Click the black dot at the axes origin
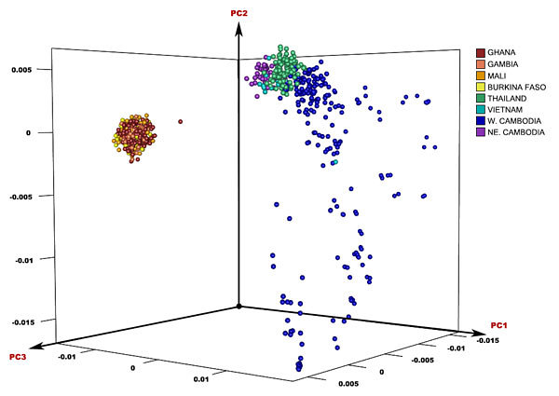(x=239, y=306)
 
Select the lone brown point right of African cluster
(x=180, y=121)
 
